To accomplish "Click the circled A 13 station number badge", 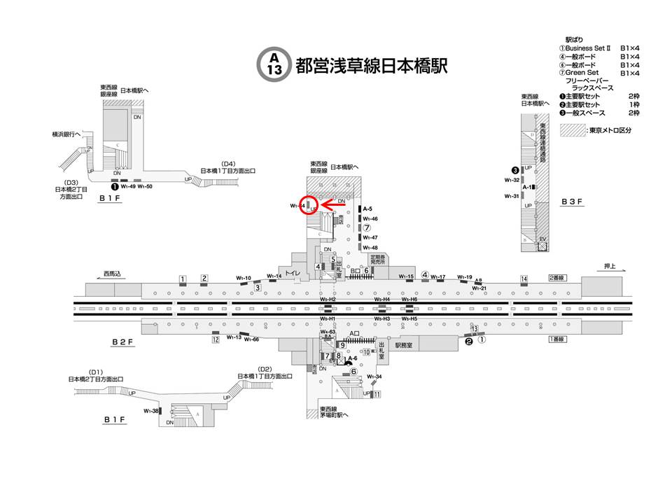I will pyautogui.click(x=274, y=64).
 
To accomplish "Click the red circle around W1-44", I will pyautogui.click(x=309, y=205).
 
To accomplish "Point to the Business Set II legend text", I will pyautogui.click(x=592, y=48).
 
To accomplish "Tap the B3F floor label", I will pyautogui.click(x=571, y=202).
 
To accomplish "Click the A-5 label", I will pyautogui.click(x=367, y=209).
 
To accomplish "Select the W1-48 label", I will pyautogui.click(x=370, y=248).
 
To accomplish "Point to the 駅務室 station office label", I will pyautogui.click(x=405, y=345).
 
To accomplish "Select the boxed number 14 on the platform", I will pyautogui.click(x=524, y=279).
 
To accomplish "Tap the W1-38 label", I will pyautogui.click(x=151, y=411).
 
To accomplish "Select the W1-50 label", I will pyautogui.click(x=145, y=187).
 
